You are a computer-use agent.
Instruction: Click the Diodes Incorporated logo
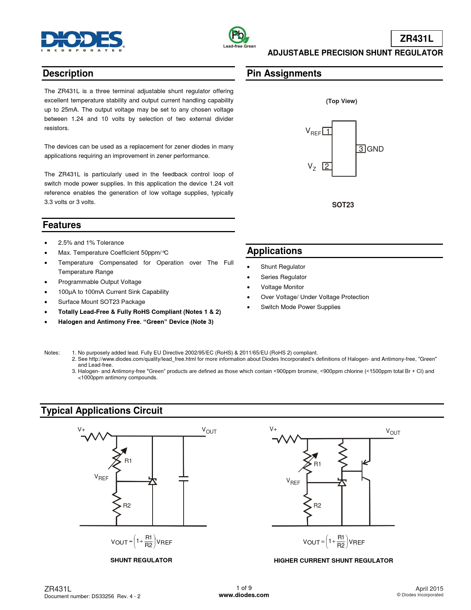coord(82,41)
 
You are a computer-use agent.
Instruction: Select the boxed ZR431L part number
coord(416,38)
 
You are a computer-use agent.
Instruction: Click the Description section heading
coord(68,74)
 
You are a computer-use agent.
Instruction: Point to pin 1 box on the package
coord(327,131)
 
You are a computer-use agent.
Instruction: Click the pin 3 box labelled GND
coord(361,149)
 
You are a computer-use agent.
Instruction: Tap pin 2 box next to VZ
coord(327,166)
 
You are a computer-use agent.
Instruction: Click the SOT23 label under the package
coord(343,205)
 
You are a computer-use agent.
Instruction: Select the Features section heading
coord(62,225)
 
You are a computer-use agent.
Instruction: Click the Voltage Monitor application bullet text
coord(282,287)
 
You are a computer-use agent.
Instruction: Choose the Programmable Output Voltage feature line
coord(99,282)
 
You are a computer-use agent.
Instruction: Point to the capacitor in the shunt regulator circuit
coord(183,478)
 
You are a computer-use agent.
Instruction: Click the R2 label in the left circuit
coord(127,505)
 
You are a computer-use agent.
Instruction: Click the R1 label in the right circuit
coord(317,464)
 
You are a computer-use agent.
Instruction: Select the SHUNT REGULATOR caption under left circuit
coord(141,560)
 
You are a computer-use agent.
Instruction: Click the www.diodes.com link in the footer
coord(244,595)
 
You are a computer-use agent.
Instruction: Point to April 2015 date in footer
coord(429,589)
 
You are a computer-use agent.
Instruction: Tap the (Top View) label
coord(341,101)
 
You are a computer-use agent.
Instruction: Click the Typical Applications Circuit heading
coord(102,411)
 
